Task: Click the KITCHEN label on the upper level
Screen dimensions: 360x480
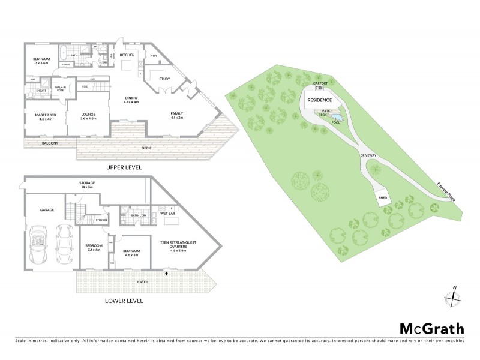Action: [x=127, y=55]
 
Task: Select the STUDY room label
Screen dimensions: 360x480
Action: [x=164, y=79]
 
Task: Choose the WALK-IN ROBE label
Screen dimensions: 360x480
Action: [x=61, y=88]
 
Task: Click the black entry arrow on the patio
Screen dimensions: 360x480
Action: [x=166, y=274]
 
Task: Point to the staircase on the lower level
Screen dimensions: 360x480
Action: [x=72, y=213]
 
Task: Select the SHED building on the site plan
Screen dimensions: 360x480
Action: [x=382, y=198]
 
